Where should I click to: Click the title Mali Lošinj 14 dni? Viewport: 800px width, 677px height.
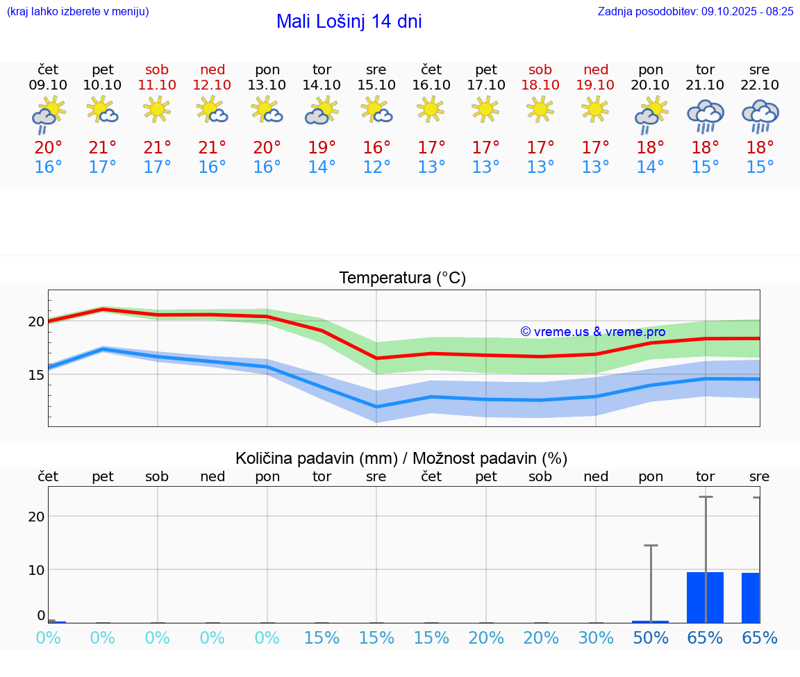[349, 22]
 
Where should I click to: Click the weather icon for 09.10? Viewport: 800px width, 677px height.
[48, 115]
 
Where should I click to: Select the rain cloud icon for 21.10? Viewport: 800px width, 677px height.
[705, 116]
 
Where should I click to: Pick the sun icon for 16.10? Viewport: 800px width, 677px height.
[431, 109]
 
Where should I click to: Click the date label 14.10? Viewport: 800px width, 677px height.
[322, 85]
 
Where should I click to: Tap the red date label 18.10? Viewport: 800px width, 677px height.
[540, 85]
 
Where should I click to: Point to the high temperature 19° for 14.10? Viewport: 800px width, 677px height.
[322, 148]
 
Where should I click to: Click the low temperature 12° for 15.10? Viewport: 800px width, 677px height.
[376, 167]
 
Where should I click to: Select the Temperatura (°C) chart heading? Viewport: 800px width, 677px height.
[402, 278]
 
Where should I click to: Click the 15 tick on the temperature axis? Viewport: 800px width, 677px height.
[36, 374]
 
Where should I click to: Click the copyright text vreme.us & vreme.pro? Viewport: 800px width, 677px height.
[592, 332]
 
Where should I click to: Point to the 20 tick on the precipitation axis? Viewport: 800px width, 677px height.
[36, 516]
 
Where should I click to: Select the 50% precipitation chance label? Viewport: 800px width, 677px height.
[651, 638]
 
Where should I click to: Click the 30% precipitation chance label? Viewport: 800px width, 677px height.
[596, 638]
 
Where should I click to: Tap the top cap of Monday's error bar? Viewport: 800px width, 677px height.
[651, 546]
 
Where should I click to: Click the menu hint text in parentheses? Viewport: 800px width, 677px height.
[78, 11]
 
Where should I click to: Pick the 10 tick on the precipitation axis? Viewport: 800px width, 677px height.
[36, 569]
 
